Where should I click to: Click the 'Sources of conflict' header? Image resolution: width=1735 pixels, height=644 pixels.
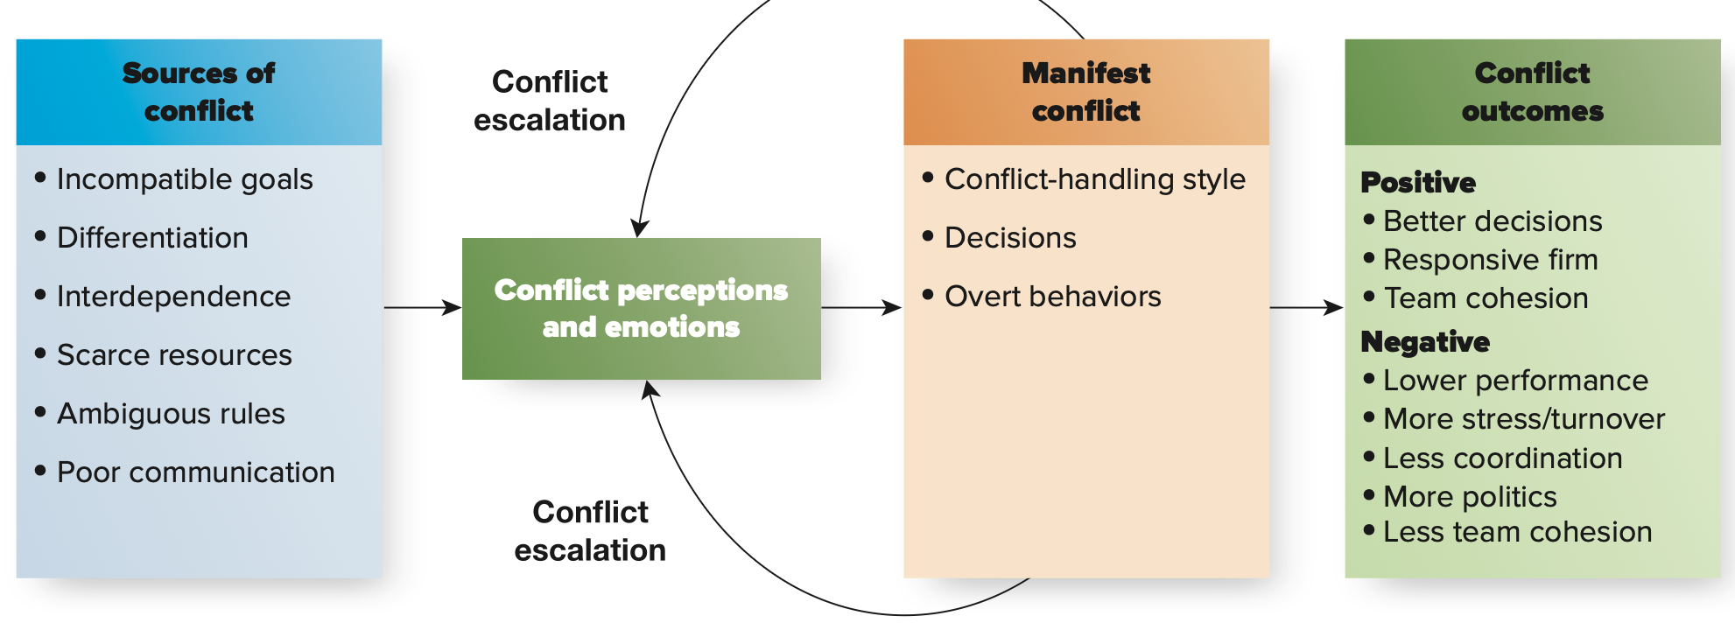pyautogui.click(x=199, y=92)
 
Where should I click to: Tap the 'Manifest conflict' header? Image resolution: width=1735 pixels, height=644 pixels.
pyautogui.click(x=1086, y=92)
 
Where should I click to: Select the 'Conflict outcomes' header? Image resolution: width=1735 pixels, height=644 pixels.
pyautogui.click(x=1533, y=92)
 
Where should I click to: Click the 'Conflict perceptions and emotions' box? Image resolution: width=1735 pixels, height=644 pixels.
pyautogui.click(x=642, y=309)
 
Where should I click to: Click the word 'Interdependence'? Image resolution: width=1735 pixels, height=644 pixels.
pyautogui.click(x=173, y=297)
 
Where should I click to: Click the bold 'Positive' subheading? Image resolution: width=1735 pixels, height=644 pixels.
pyautogui.click(x=1418, y=182)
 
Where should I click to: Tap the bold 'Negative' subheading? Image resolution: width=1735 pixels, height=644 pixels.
pyautogui.click(x=1425, y=341)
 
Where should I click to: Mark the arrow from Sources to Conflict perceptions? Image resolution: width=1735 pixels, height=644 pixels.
pyautogui.click(x=423, y=308)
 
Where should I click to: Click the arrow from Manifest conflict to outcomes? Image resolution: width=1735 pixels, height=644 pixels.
pyautogui.click(x=1306, y=308)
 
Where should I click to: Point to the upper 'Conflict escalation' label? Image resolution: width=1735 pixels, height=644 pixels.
pyautogui.click(x=550, y=101)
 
